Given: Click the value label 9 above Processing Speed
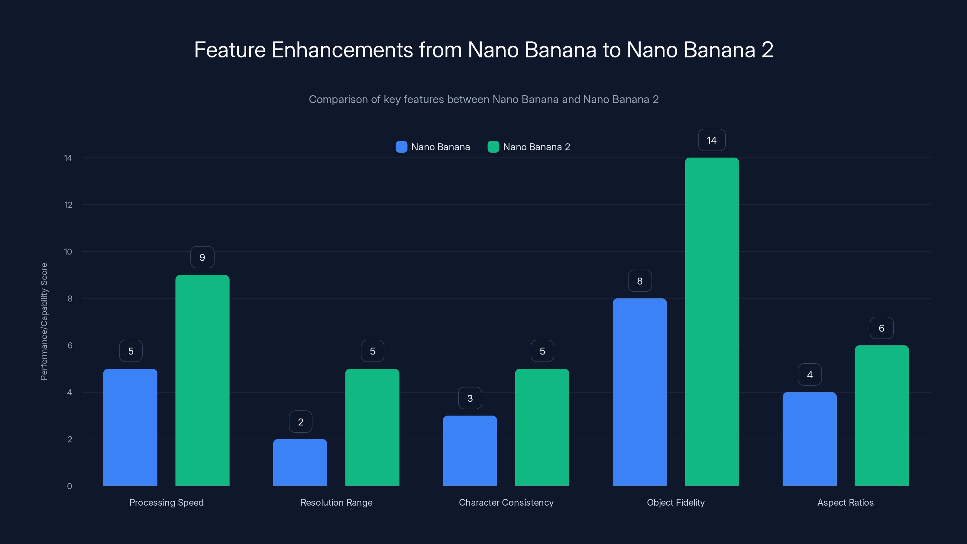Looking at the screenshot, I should [x=202, y=257].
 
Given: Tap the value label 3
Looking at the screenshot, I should [x=470, y=398].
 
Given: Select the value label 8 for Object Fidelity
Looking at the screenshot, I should [x=640, y=281].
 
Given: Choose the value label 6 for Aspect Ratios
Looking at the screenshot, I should [x=881, y=328].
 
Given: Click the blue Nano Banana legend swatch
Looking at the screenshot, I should [x=401, y=147].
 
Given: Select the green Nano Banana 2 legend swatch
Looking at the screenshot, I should [x=493, y=147].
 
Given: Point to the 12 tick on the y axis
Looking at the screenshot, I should [x=68, y=205].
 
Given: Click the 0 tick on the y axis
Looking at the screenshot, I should [x=70, y=486].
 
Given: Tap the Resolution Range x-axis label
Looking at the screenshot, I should [x=336, y=502].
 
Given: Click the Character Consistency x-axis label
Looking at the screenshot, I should [x=506, y=502].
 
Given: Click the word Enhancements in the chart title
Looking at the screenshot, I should [x=342, y=50].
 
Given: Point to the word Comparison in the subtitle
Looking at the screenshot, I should [x=338, y=99].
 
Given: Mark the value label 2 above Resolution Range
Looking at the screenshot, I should [x=300, y=422].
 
